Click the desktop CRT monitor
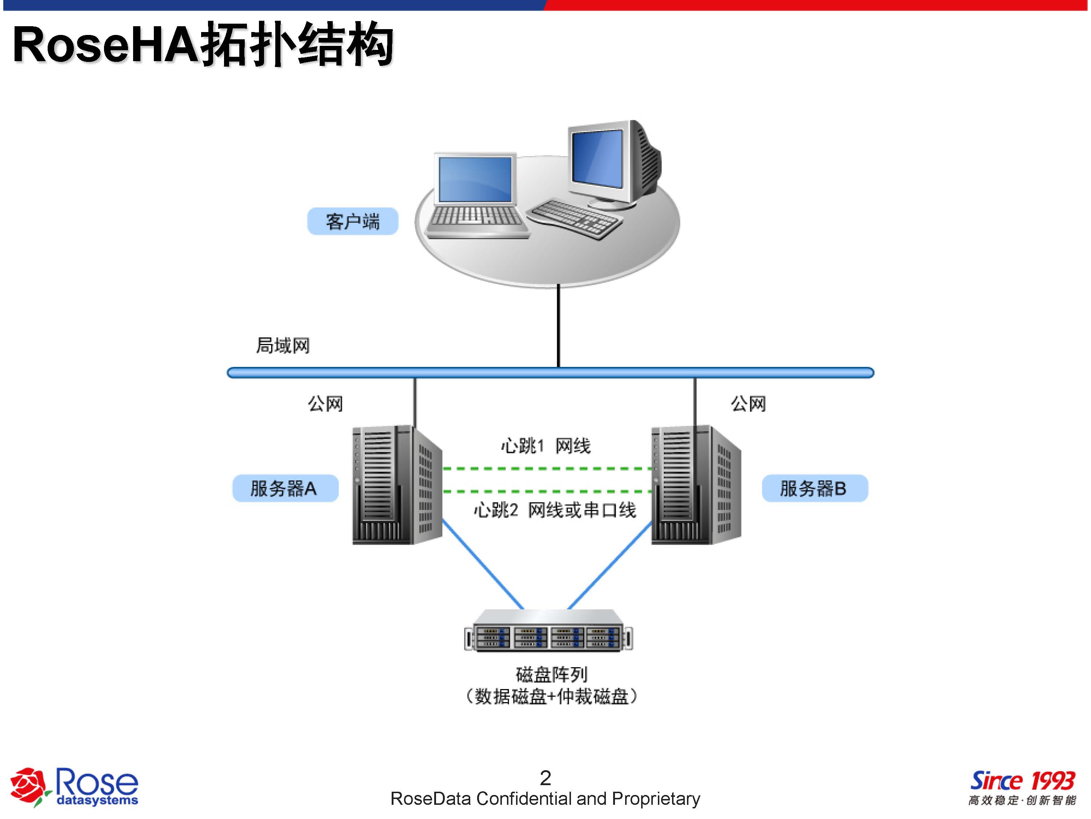[x=612, y=163]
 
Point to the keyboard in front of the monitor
[x=575, y=219]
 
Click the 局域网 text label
[x=283, y=345]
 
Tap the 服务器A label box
[x=285, y=488]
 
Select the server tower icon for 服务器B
[x=695, y=485]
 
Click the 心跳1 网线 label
[x=545, y=446]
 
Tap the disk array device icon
[x=548, y=631]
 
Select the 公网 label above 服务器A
[x=325, y=404]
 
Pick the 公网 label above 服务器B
[x=748, y=404]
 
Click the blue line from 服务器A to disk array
[x=482, y=564]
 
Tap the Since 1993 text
[x=1022, y=781]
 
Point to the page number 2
[x=545, y=778]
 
